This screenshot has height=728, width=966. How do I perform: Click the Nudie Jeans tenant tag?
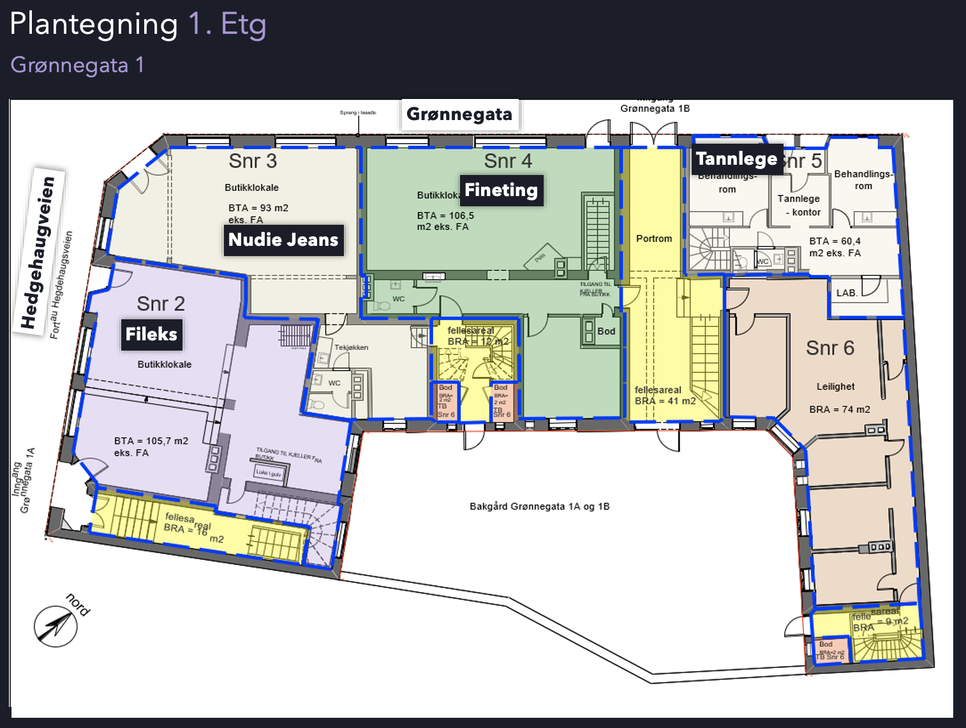pos(283,240)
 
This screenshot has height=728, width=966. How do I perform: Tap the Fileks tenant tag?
pos(151,335)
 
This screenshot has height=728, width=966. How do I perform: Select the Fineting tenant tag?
pos(501,190)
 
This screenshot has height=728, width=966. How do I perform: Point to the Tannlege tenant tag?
pos(736,159)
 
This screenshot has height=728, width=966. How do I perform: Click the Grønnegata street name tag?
pos(459,114)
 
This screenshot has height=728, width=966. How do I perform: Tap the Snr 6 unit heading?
pos(829,348)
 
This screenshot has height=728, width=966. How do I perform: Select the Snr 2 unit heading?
pos(161,304)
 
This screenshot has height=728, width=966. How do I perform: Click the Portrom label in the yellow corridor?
pos(654,239)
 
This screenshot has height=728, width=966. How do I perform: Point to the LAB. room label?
pos(847,293)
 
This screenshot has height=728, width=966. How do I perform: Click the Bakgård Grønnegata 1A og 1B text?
pos(540,506)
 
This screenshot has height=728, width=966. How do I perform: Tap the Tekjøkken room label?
pos(351,347)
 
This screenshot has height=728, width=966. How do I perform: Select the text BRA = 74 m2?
pos(840,409)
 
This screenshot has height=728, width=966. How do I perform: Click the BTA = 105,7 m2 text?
pos(151,441)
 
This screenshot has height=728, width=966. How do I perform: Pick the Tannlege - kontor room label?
pos(799,205)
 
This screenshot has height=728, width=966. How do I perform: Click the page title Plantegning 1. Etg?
pos(138,25)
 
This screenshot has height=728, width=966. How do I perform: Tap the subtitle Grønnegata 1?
pos(77,65)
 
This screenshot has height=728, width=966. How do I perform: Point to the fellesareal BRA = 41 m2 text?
pos(665,395)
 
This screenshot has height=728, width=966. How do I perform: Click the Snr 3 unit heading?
pos(253,161)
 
